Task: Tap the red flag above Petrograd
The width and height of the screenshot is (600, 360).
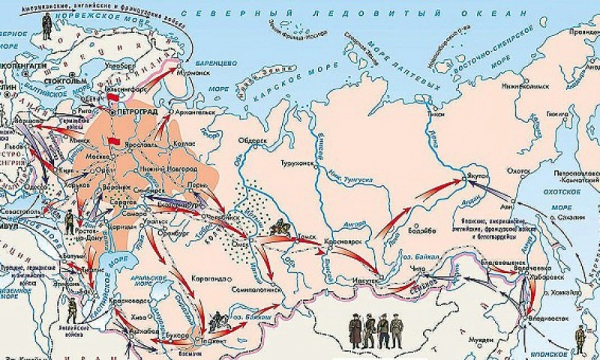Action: pos(113,98)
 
